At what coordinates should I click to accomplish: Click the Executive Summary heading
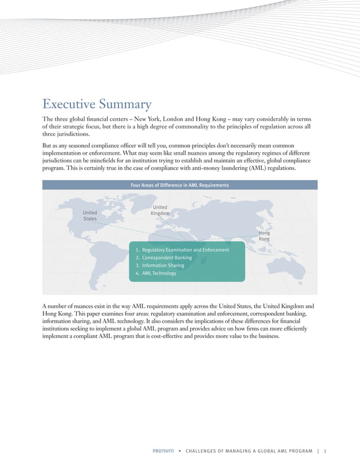97,104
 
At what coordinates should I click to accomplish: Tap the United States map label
90,216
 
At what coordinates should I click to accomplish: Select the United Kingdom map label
160,210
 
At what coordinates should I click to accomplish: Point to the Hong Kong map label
264,236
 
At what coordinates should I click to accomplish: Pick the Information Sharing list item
163,265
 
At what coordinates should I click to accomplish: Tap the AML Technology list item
159,273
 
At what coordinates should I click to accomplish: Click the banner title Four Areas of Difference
179,185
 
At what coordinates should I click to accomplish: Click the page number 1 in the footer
326,451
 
